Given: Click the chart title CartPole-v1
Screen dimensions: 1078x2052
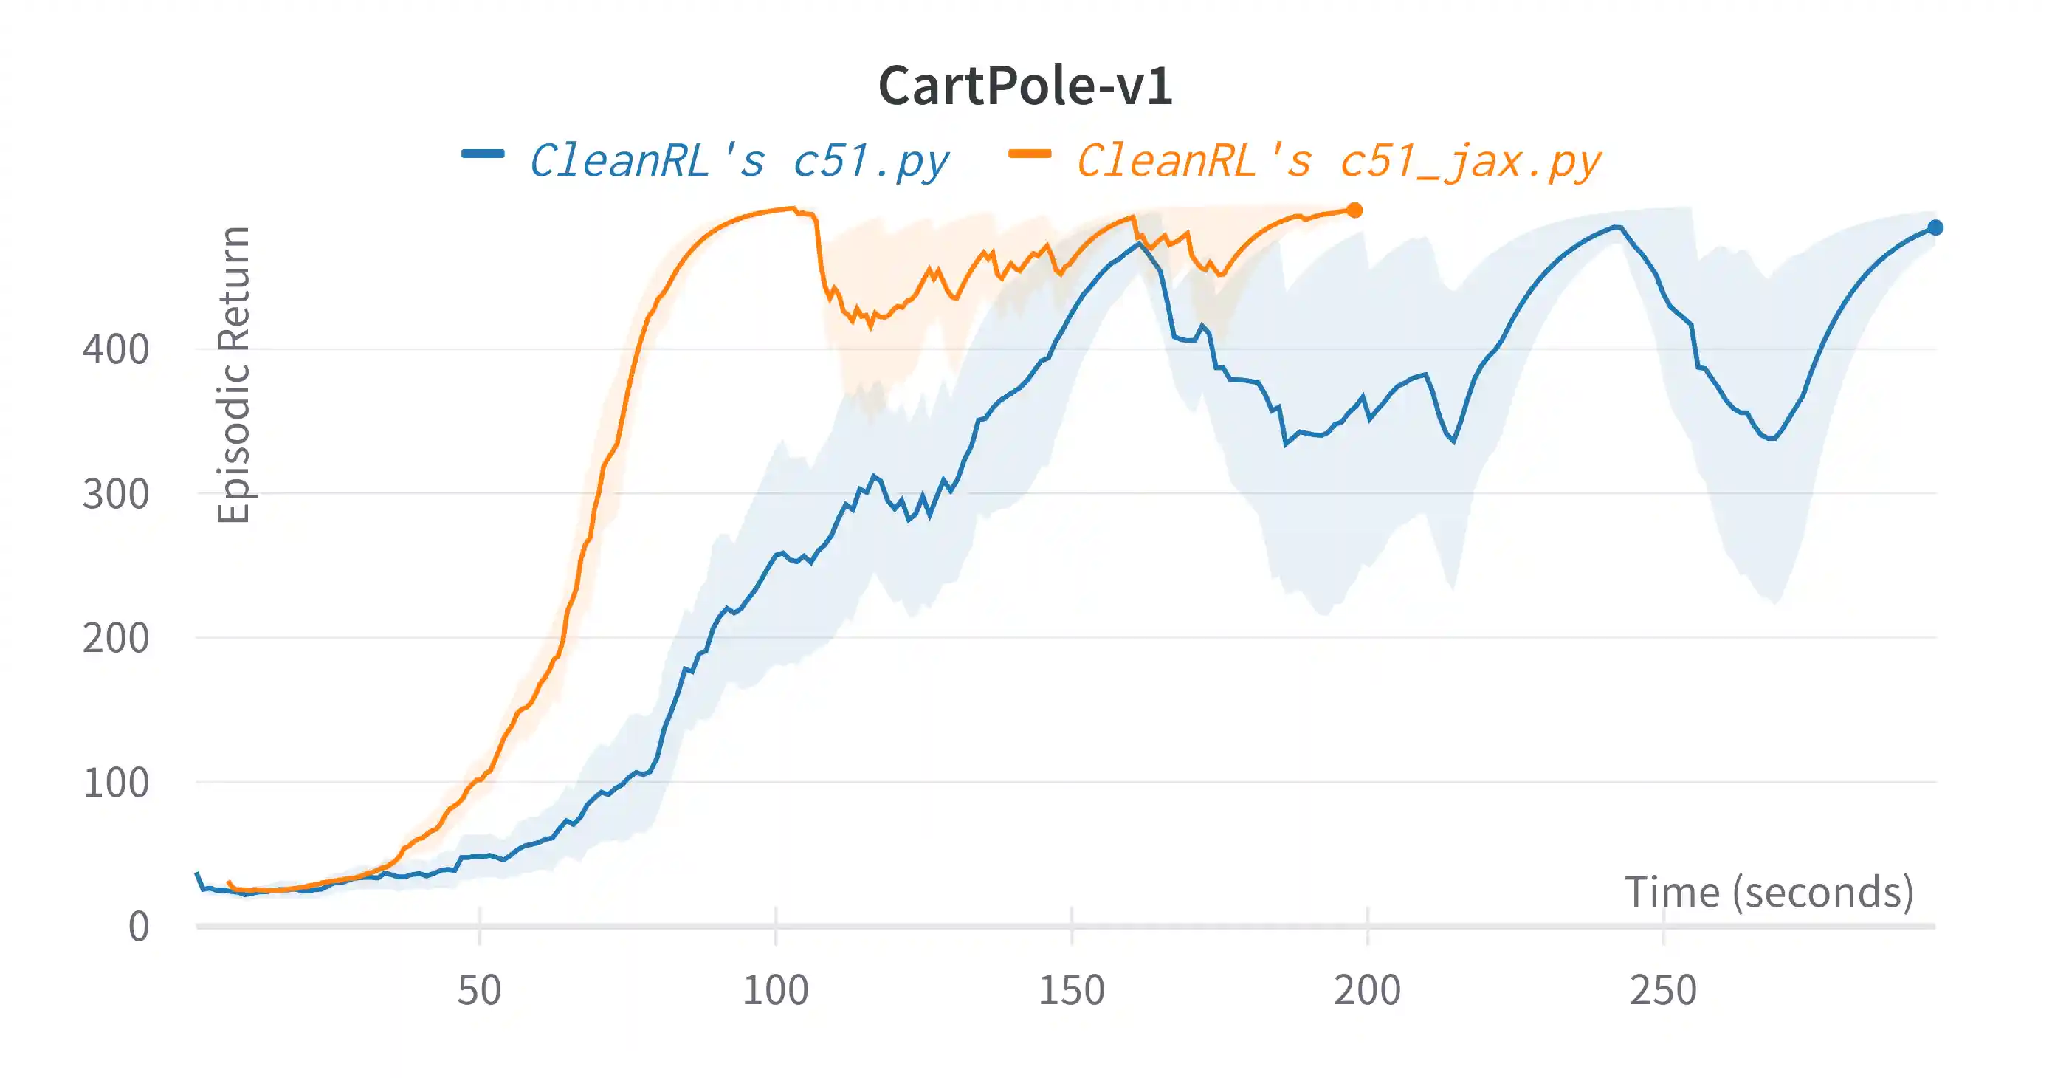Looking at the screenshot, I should [1025, 86].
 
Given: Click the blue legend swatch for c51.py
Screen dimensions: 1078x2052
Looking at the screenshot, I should [483, 154].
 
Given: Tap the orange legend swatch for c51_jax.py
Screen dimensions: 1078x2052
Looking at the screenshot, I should [1029, 154].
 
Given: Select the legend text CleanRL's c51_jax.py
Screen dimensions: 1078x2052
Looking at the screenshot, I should [1338, 162].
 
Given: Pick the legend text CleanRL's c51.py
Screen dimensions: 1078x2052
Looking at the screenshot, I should [739, 162].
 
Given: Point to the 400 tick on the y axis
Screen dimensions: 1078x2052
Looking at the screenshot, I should [115, 350].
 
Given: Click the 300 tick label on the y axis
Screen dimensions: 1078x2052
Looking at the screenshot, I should [115, 494].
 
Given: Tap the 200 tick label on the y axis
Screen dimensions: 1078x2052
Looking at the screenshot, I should [115, 638].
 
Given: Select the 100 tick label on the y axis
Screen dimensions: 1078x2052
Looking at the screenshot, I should [115, 783].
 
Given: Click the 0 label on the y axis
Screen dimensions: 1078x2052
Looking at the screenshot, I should [139, 927].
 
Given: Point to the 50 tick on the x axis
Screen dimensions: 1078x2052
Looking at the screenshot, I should [480, 990].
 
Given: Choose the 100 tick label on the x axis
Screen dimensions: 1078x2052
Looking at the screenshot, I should [775, 990].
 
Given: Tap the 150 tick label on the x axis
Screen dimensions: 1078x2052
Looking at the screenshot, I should [1072, 990].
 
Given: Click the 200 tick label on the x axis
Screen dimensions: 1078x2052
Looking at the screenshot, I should [1367, 990].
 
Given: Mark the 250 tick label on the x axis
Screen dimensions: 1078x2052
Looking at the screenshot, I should [1663, 990].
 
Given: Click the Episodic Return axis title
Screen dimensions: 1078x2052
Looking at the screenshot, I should [233, 374].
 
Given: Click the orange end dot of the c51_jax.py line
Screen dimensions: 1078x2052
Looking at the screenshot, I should [1355, 210].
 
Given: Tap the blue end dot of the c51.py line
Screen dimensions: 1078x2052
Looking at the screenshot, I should [1935, 228].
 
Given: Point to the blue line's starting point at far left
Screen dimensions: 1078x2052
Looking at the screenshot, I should [198, 874].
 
